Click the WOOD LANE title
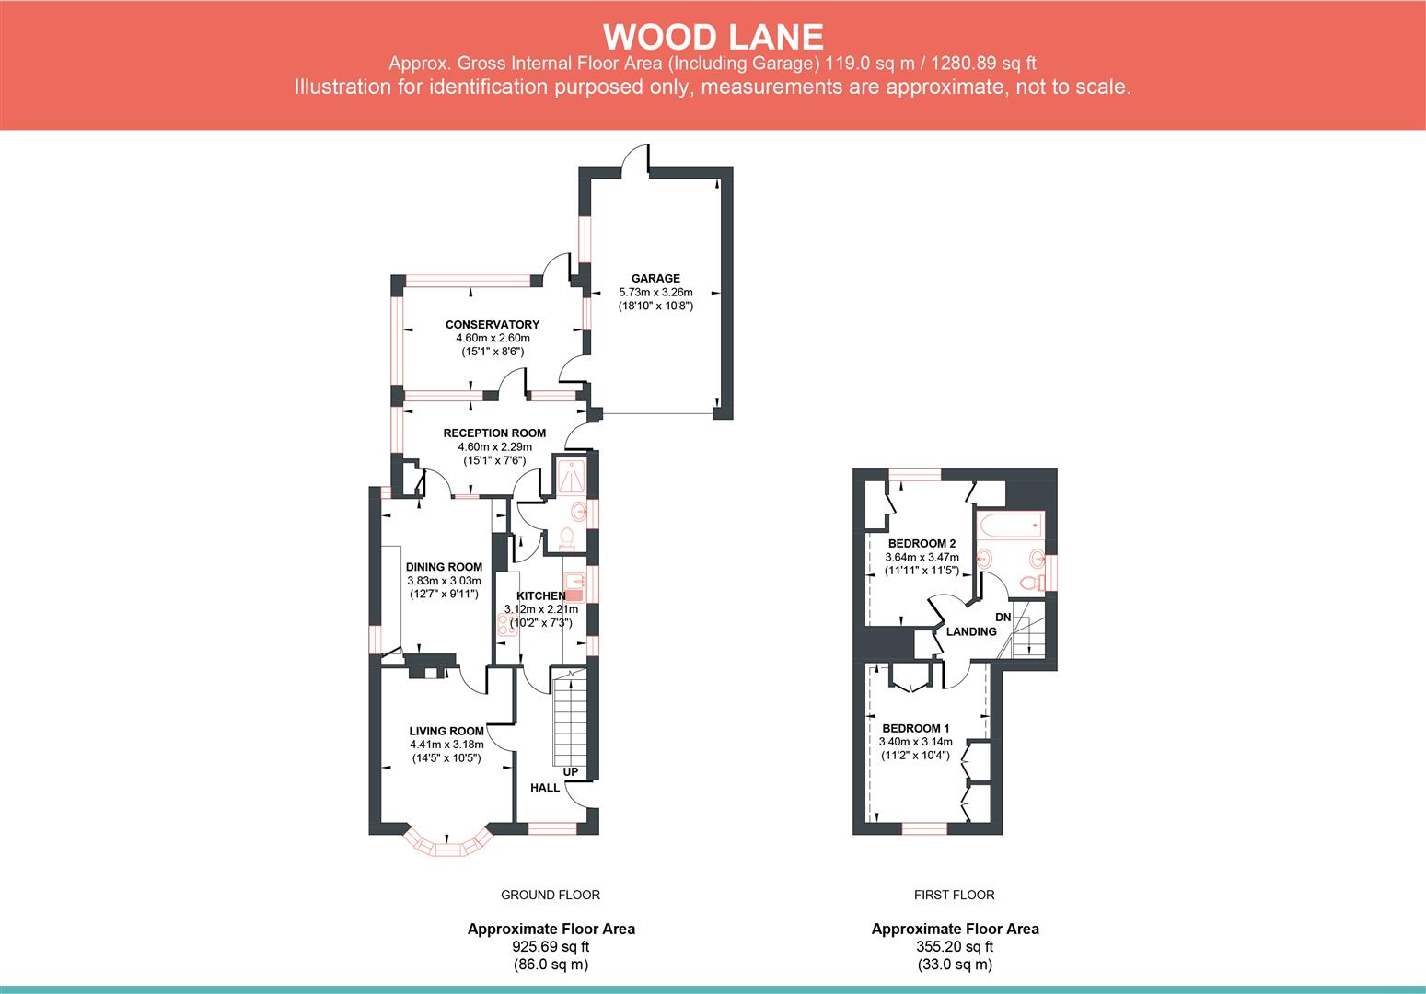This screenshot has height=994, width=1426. tap(713, 37)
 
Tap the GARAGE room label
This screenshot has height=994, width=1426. tap(655, 278)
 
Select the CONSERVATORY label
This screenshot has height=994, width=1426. tap(493, 324)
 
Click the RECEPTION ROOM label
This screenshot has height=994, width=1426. tap(494, 433)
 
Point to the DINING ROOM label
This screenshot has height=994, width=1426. tap(444, 567)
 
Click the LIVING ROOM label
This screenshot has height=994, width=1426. tap(446, 731)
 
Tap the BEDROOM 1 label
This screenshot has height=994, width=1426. tap(916, 728)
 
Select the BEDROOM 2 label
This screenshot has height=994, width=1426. tap(922, 543)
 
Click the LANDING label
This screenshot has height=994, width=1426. tap(971, 631)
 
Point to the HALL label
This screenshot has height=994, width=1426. tap(545, 788)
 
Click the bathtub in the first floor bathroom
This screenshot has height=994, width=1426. tap(1010, 526)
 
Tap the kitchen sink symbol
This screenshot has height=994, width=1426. tap(574, 583)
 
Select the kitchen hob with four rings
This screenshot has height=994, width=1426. tap(504, 625)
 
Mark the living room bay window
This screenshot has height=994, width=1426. tap(448, 844)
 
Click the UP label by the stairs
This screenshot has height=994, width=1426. tap(571, 771)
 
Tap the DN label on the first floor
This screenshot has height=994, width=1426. tap(1003, 617)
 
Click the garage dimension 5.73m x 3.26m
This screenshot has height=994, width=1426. tap(655, 293)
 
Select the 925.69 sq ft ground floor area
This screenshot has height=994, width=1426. tap(551, 946)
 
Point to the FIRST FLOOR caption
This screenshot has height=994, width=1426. tap(954, 895)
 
